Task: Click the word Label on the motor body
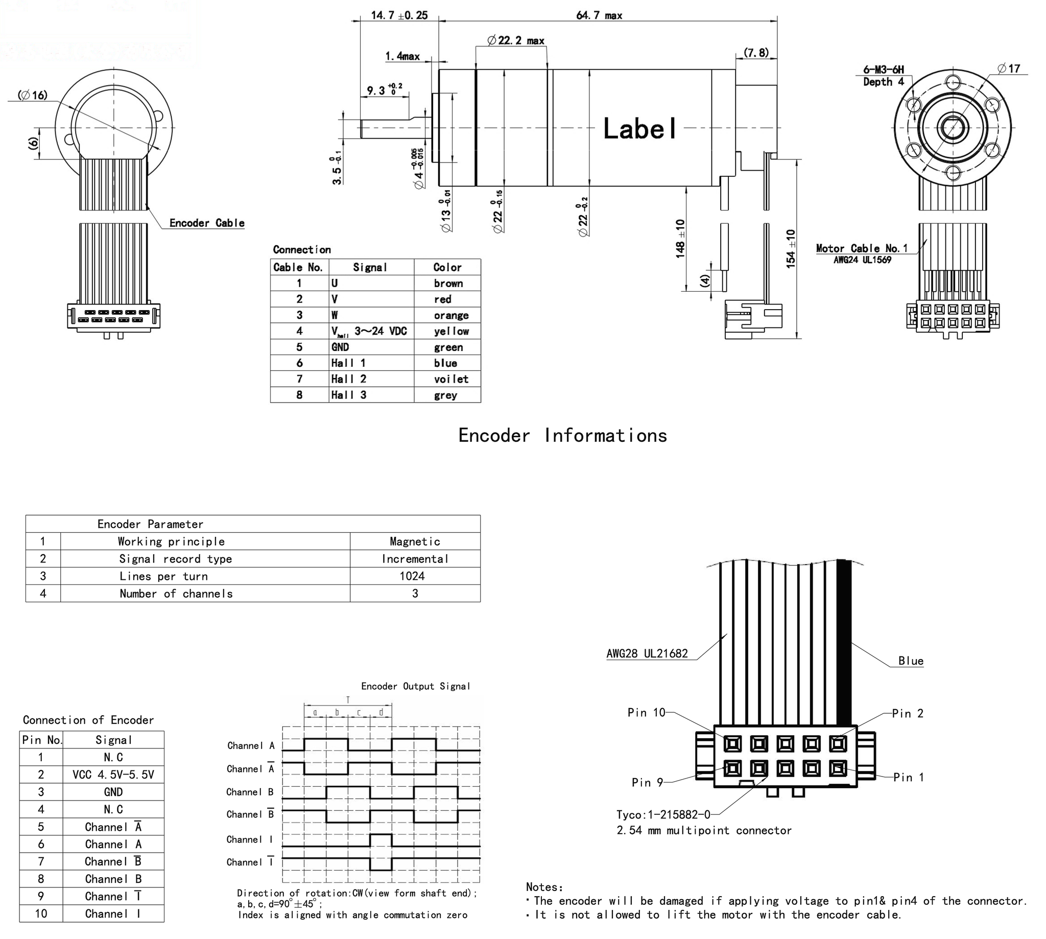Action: click(x=639, y=128)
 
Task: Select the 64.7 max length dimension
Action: click(x=599, y=15)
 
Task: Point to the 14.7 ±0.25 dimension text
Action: click(x=399, y=15)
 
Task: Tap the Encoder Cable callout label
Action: click(x=207, y=223)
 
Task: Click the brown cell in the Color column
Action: click(x=448, y=283)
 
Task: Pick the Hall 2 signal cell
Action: click(x=349, y=379)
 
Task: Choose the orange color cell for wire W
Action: click(x=451, y=315)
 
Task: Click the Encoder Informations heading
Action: click(x=562, y=435)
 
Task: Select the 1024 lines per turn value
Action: click(x=412, y=576)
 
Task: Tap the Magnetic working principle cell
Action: click(x=415, y=542)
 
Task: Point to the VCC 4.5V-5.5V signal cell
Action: click(x=113, y=774)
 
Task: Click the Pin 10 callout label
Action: click(x=646, y=713)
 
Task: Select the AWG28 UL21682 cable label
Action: click(x=647, y=654)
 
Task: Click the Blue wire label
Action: click(x=910, y=661)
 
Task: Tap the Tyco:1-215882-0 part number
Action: click(x=663, y=815)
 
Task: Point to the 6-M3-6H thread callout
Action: click(x=884, y=69)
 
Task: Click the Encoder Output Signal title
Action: click(x=415, y=686)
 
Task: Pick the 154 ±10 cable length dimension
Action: click(x=791, y=249)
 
